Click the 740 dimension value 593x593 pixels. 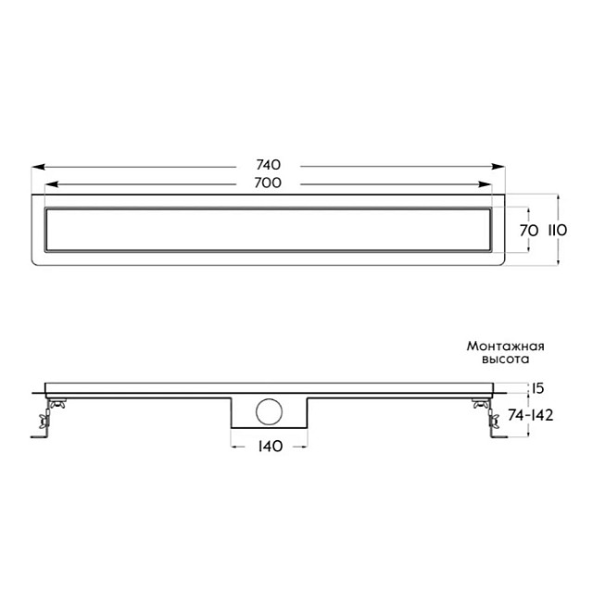(x=269, y=165)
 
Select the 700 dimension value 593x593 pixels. (x=268, y=183)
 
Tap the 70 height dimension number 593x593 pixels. (x=529, y=231)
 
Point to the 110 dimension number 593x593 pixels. (x=558, y=231)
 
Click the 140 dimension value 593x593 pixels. (x=271, y=447)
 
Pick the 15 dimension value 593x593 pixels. (x=538, y=388)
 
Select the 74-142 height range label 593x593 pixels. (x=531, y=415)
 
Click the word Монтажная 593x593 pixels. (x=506, y=346)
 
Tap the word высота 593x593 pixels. (x=506, y=359)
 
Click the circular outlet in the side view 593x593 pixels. (x=269, y=411)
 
